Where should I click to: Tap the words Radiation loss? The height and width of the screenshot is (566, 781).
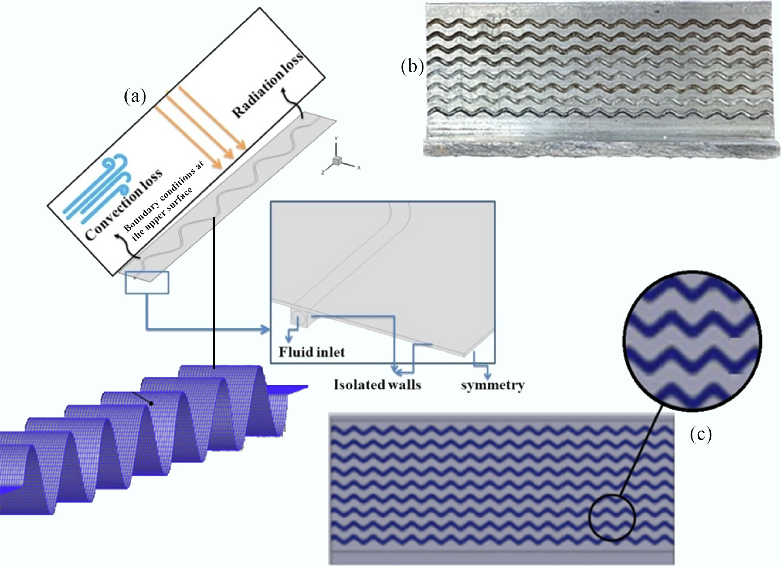(268, 86)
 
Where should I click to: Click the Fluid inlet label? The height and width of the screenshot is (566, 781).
(312, 352)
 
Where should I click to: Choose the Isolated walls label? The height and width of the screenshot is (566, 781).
(377, 385)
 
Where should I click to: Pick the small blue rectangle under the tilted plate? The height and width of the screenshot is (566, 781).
(147, 283)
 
